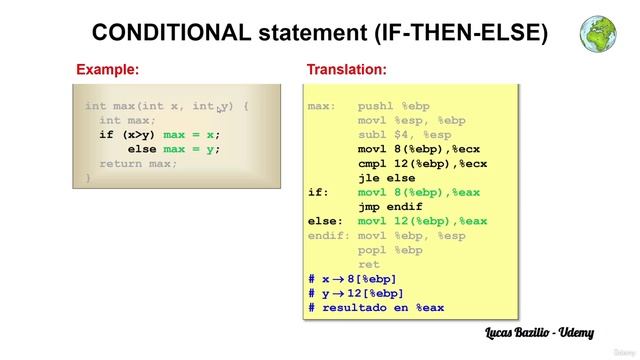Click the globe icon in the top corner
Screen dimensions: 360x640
tap(598, 33)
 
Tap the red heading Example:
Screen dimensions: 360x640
tap(107, 70)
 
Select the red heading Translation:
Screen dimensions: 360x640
tap(346, 70)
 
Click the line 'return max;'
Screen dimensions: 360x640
tap(139, 163)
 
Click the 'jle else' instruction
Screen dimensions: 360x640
tap(387, 178)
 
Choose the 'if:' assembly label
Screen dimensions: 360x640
tap(318, 192)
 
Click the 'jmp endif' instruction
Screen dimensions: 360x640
tap(391, 207)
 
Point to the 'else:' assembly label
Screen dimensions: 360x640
tap(325, 221)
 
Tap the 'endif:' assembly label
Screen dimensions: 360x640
tap(329, 236)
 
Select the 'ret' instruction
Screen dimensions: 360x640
tap(369, 265)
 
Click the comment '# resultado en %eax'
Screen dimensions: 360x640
tap(376, 308)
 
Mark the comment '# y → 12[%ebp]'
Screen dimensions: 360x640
tap(353, 293)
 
